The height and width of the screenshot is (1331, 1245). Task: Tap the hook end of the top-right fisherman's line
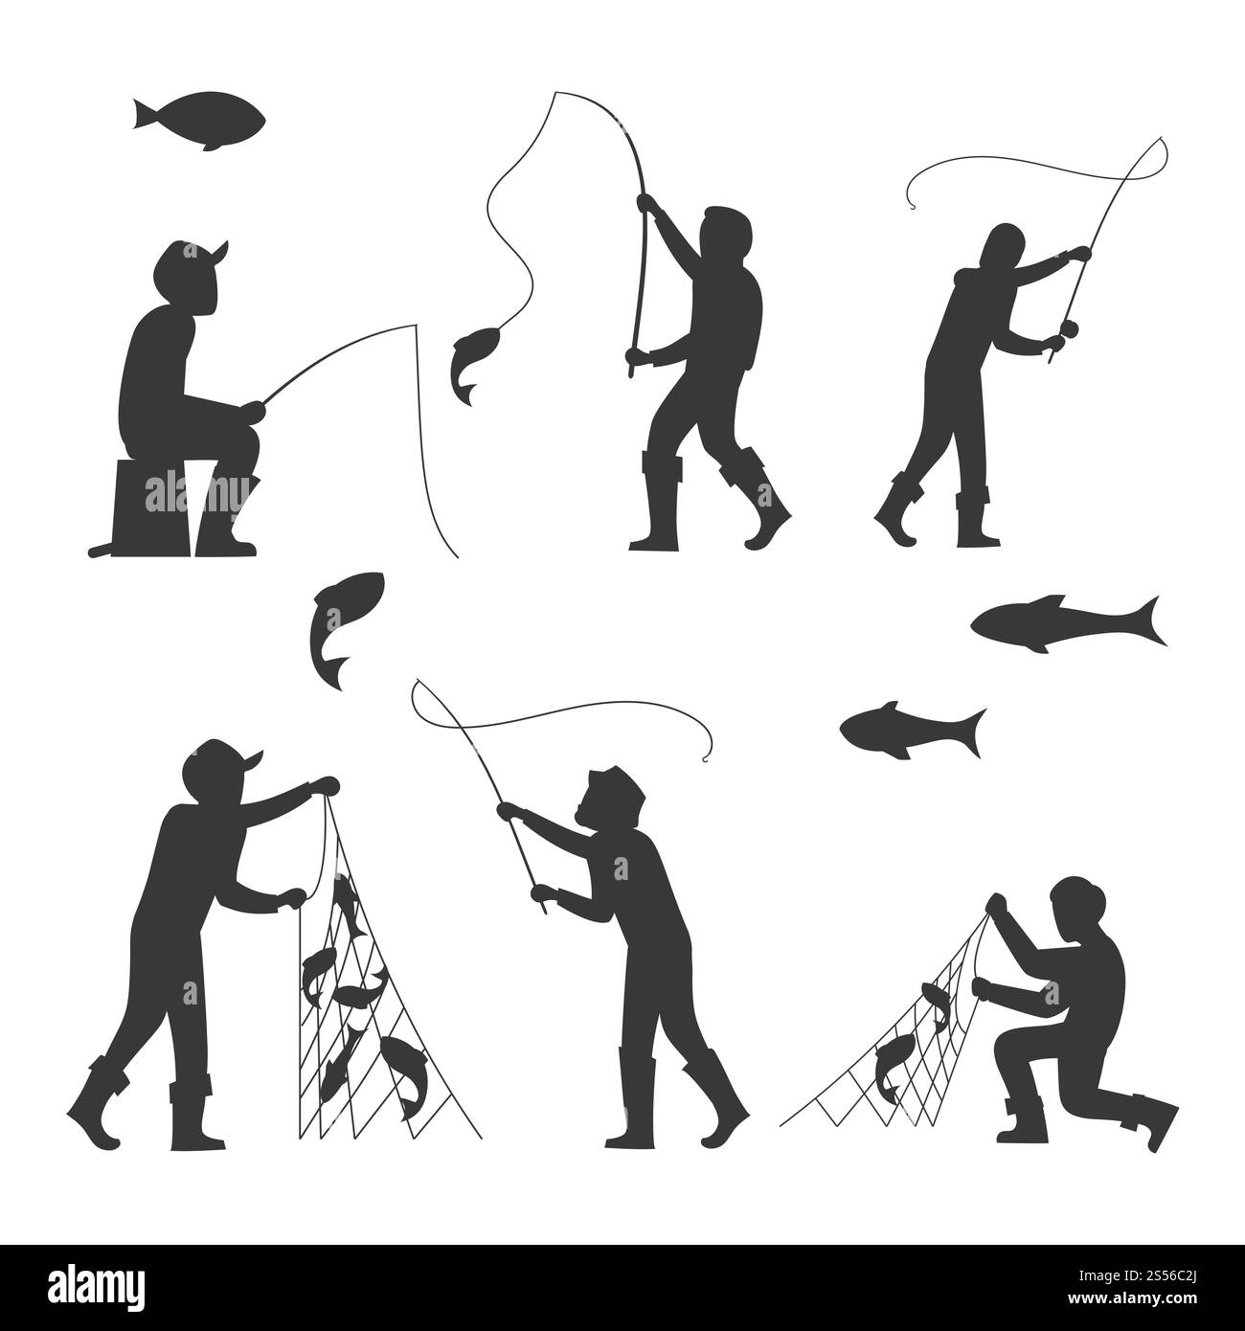(909, 203)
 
